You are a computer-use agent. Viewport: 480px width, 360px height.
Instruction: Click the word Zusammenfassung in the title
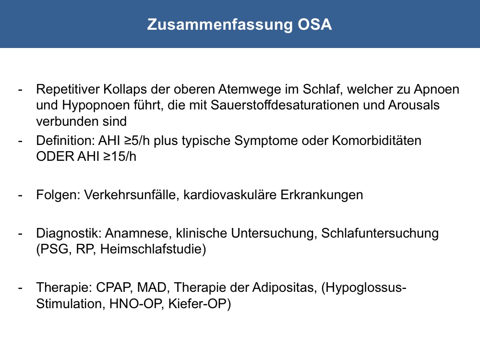pyautogui.click(x=220, y=25)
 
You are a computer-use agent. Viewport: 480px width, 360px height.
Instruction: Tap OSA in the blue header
pyautogui.click(x=315, y=24)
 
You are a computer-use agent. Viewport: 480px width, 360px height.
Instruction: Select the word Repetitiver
pyautogui.click(x=68, y=90)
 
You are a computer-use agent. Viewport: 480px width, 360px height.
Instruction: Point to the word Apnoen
pyautogui.click(x=436, y=90)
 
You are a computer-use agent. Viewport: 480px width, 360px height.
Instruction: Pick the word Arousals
pyautogui.click(x=414, y=105)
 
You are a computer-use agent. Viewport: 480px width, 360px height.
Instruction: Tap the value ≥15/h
pyautogui.click(x=120, y=156)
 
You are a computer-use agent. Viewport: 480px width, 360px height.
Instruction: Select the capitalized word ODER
pyautogui.click(x=55, y=156)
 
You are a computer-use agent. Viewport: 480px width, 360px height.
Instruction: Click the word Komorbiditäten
pyautogui.click(x=376, y=141)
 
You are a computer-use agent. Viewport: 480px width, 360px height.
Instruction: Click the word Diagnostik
pyautogui.click(x=69, y=233)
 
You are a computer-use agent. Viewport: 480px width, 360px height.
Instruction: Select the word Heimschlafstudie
pyautogui.click(x=151, y=249)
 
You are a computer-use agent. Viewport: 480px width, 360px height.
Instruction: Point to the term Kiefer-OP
pyautogui.click(x=197, y=304)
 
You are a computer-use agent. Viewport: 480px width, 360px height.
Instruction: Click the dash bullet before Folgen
pyautogui.click(x=20, y=196)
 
